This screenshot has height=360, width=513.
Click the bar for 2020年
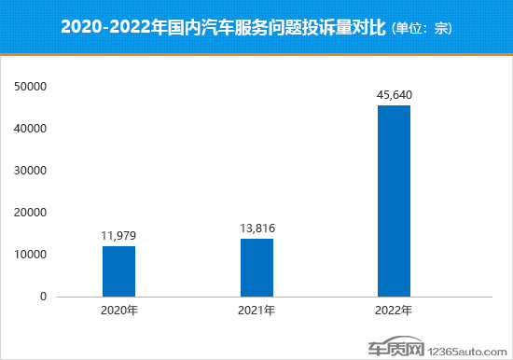coord(118,271)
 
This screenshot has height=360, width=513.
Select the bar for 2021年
coord(256,268)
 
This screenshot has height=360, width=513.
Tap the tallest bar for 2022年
coord(394,201)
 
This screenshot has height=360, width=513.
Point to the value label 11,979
coord(118,236)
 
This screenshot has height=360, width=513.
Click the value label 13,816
coord(256,228)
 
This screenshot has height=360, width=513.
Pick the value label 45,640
coord(394,94)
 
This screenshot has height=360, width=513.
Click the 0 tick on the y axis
coord(43,297)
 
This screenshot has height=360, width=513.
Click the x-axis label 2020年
coord(118,311)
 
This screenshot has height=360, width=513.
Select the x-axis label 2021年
coord(256,311)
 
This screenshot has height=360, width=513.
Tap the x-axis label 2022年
coord(394,311)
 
